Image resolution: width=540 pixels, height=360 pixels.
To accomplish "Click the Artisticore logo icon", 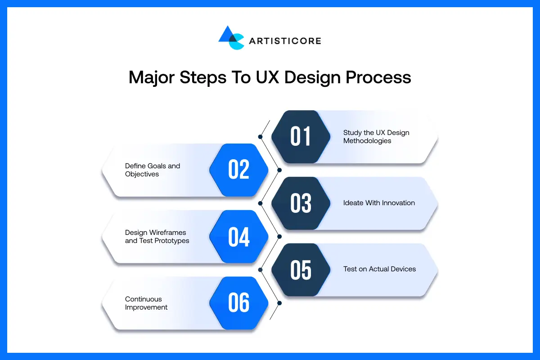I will click(231, 38).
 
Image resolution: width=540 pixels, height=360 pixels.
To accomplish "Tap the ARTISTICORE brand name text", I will click(284, 41).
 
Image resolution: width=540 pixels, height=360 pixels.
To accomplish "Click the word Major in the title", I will click(152, 77).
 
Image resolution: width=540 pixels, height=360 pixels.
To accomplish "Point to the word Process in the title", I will click(378, 77).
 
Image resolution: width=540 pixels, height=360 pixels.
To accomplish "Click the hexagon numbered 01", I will click(301, 137).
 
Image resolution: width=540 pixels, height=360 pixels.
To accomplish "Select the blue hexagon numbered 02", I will click(238, 170).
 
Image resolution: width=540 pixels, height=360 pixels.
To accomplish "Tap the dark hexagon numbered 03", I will click(301, 203).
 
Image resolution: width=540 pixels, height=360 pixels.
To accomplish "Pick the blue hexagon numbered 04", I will click(238, 237).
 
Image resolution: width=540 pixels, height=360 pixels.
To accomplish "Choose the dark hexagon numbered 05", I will click(301, 270).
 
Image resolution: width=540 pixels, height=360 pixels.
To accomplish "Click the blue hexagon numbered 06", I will click(238, 303).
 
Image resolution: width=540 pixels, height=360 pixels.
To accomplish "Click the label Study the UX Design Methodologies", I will click(376, 137).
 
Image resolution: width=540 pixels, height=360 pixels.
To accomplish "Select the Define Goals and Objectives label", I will click(152, 170).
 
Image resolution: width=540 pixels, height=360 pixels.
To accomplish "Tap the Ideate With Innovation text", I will click(379, 203).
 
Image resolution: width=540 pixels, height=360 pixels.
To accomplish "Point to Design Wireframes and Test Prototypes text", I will click(157, 237).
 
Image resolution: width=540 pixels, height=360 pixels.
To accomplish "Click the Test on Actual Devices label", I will click(379, 269).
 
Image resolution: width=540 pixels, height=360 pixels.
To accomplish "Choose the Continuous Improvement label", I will click(146, 303).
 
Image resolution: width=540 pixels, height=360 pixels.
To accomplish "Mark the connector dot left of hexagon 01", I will click(260, 136).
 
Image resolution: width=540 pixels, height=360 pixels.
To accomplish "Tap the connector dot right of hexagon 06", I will click(279, 303).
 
